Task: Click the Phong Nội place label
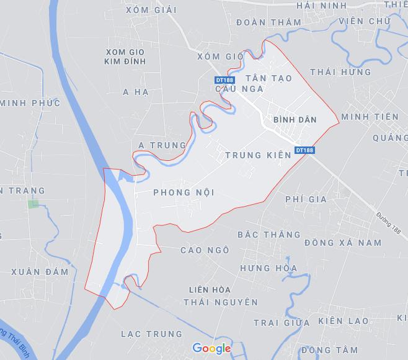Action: click(x=184, y=192)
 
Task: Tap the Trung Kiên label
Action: click(x=258, y=155)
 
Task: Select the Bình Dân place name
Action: click(x=295, y=119)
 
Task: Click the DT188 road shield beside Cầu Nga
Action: click(x=224, y=80)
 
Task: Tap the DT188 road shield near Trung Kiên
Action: click(x=305, y=150)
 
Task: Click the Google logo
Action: click(x=211, y=348)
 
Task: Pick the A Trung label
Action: click(x=162, y=145)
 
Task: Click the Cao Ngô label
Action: click(x=205, y=250)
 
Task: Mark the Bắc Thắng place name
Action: click(x=269, y=235)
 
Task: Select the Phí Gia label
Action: click(x=306, y=199)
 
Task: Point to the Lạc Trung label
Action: click(x=152, y=334)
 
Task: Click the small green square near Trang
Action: click(x=33, y=203)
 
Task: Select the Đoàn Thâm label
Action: click(x=269, y=22)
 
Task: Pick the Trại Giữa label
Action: click(x=282, y=323)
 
